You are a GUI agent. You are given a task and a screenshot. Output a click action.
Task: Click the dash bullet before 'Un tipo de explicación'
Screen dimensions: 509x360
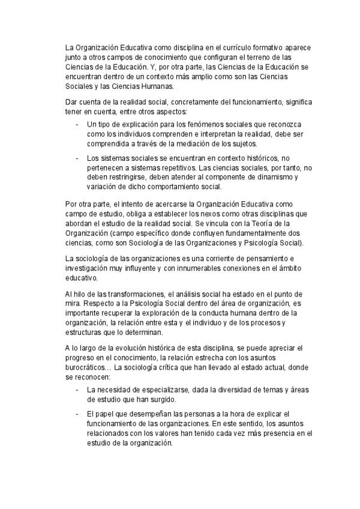tap(78, 124)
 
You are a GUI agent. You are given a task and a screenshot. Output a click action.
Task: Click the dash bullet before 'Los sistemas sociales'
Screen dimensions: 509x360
tap(78, 158)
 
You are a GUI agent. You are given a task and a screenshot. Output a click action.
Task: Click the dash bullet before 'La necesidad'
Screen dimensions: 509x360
tap(78, 390)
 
